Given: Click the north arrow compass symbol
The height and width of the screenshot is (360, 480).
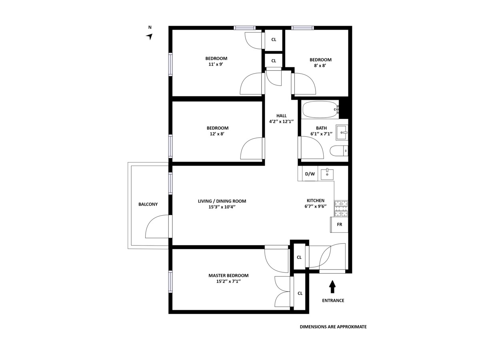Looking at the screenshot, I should pyautogui.click(x=150, y=36).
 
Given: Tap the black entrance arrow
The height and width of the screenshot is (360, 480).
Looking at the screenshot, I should pyautogui.click(x=332, y=286).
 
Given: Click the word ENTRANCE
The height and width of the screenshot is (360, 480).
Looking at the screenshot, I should pyautogui.click(x=333, y=300).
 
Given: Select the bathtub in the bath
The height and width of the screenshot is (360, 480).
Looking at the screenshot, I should pyautogui.click(x=320, y=109).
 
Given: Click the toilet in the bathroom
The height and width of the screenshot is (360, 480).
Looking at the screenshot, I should pyautogui.click(x=338, y=151).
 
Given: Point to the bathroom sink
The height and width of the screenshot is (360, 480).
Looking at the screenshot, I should pyautogui.click(x=342, y=132).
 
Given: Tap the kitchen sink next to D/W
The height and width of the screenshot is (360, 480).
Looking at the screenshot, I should pyautogui.click(x=327, y=174).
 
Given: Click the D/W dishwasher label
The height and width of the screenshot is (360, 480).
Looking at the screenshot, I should pyautogui.click(x=310, y=174).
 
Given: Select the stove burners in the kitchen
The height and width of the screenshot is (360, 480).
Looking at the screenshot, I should pyautogui.click(x=341, y=208).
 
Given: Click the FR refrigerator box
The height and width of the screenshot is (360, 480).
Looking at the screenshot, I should pyautogui.click(x=339, y=224).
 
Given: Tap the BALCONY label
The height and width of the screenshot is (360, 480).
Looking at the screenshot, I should pyautogui.click(x=148, y=204).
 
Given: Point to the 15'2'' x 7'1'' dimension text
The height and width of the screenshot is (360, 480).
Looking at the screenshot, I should pyautogui.click(x=228, y=282).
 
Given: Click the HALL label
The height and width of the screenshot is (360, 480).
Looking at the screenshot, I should pyautogui.click(x=281, y=116).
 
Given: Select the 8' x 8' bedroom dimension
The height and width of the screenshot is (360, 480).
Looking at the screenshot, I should pyautogui.click(x=320, y=66).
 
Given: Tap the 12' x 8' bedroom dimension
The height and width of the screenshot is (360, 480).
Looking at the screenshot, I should pyautogui.click(x=217, y=134).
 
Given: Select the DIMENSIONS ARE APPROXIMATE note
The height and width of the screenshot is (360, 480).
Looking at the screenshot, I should pyautogui.click(x=333, y=327).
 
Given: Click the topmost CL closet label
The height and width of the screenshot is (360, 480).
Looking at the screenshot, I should pyautogui.click(x=274, y=40).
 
